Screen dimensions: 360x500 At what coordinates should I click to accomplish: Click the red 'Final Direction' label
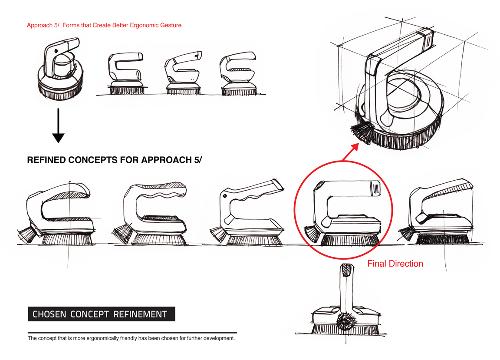[x=395, y=263]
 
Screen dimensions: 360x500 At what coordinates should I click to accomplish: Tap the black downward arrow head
[x=58, y=138]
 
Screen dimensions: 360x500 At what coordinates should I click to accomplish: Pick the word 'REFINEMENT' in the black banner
[x=140, y=314]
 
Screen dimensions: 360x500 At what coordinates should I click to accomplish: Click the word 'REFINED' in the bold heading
[x=48, y=160]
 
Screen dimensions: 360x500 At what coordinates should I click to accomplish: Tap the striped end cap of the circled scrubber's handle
[x=374, y=188]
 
